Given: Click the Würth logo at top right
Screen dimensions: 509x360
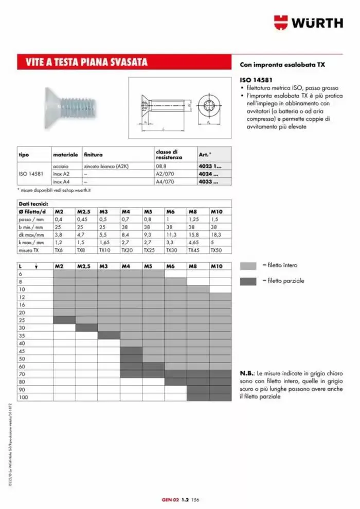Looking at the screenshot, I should pyautogui.click(x=308, y=23).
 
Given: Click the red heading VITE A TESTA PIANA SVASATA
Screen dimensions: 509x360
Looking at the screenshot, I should pyautogui.click(x=87, y=63).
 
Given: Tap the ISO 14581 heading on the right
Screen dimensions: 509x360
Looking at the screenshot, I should pyautogui.click(x=255, y=80).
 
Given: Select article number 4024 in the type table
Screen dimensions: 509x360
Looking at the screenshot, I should pyautogui.click(x=208, y=174).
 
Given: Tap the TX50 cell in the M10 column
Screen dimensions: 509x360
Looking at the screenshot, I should pyautogui.click(x=216, y=250).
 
